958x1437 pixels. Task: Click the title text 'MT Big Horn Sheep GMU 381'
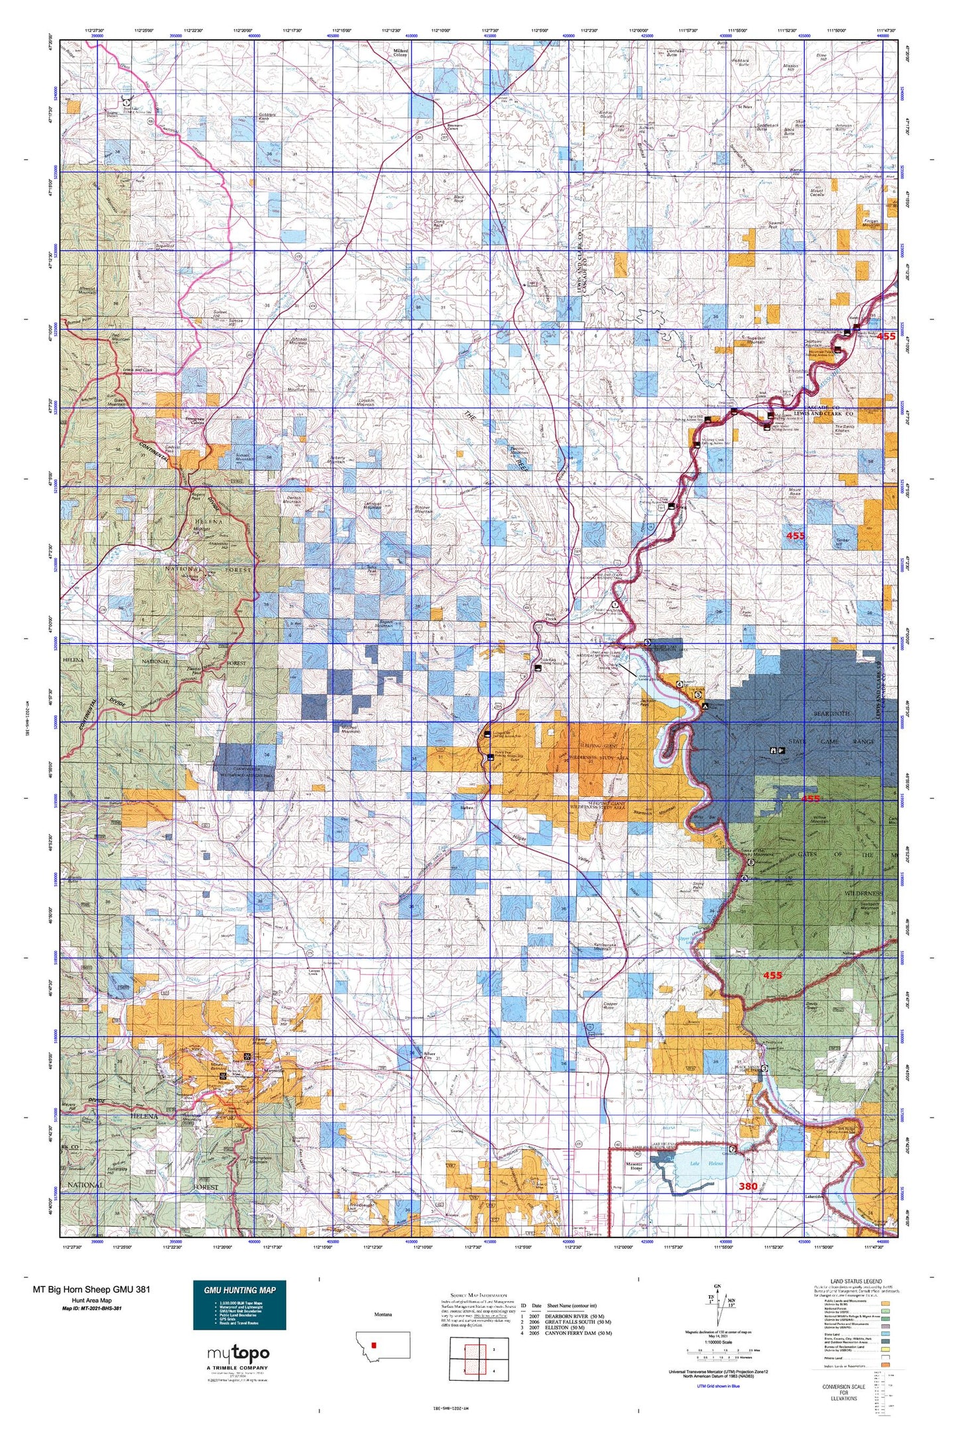[91, 1289]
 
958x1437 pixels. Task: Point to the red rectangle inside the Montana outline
[375, 1345]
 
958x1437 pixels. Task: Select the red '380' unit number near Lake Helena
[748, 1186]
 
